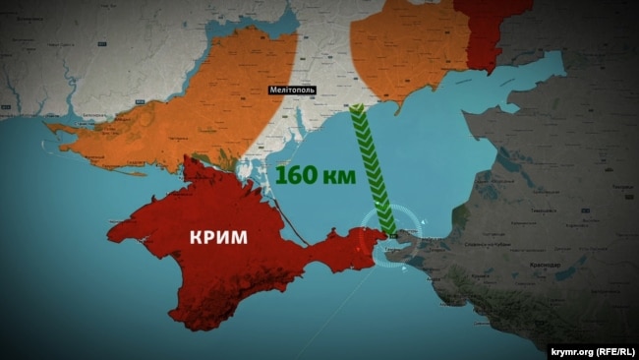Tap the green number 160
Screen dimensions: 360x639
click(x=301, y=176)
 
